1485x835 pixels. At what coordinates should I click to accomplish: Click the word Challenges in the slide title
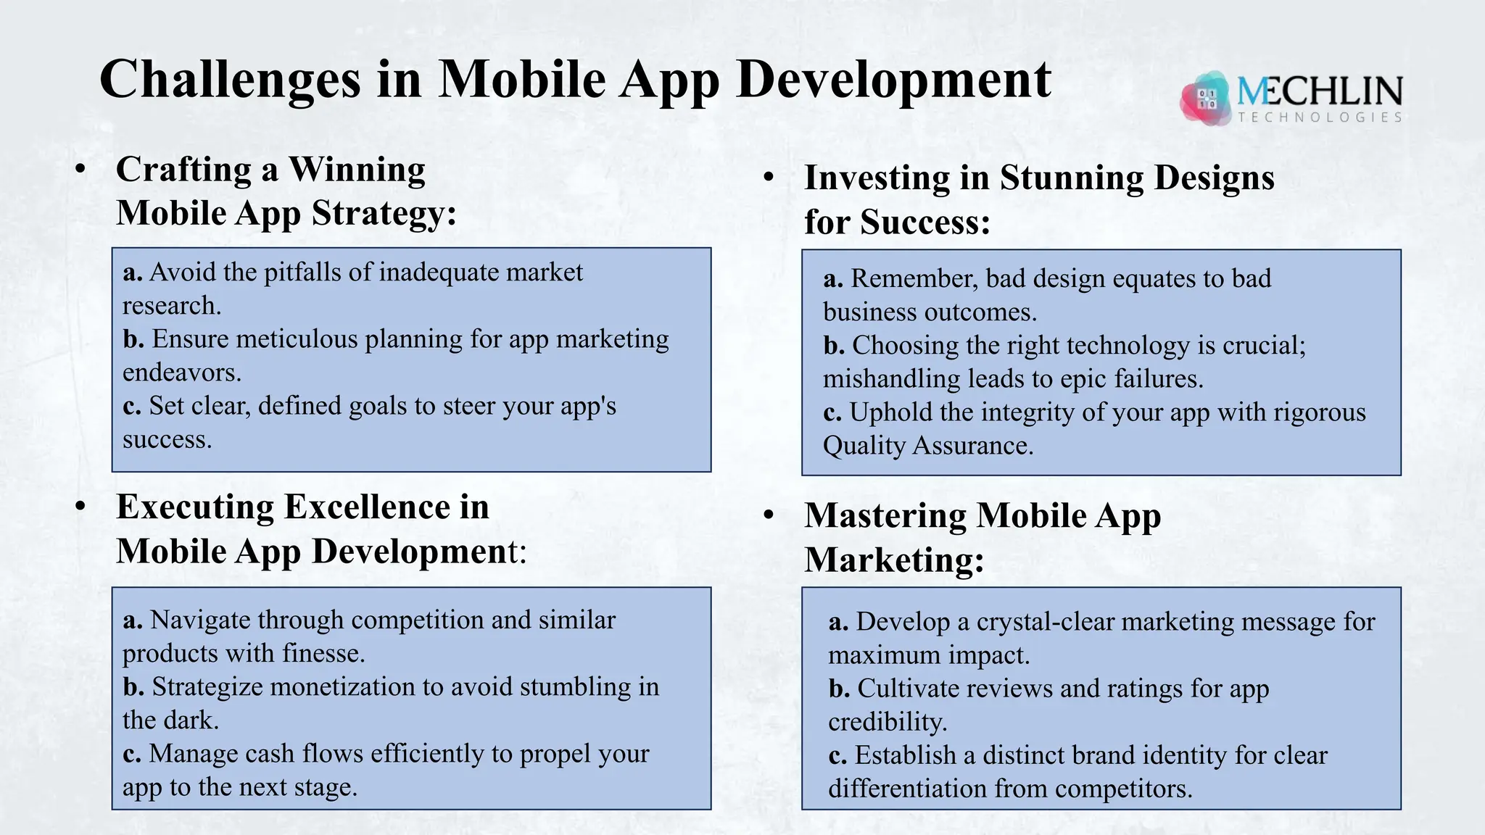pyautogui.click(x=230, y=80)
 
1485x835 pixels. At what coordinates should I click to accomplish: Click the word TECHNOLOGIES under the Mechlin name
pyautogui.click(x=1320, y=117)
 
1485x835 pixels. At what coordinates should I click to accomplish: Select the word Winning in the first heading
pyautogui.click(x=357, y=170)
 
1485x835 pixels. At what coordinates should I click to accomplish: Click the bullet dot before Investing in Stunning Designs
pyautogui.click(x=769, y=178)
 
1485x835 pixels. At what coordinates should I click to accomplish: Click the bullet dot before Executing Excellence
pyautogui.click(x=80, y=507)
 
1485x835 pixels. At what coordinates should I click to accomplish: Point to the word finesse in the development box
pyautogui.click(x=322, y=654)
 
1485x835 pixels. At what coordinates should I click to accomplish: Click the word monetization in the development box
pyautogui.click(x=344, y=687)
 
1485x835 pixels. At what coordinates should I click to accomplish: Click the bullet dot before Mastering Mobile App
pyautogui.click(x=769, y=516)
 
